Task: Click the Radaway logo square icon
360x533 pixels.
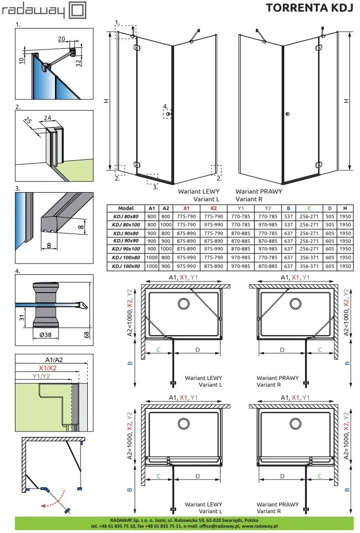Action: click(77, 10)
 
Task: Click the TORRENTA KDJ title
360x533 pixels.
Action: click(309, 7)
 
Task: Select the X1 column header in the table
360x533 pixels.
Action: click(186, 209)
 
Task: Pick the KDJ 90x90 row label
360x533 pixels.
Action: click(125, 241)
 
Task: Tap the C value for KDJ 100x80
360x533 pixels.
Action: click(309, 258)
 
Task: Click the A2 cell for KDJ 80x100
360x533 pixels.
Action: click(166, 224)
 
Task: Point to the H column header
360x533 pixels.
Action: click(345, 209)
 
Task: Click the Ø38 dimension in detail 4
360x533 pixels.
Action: click(45, 335)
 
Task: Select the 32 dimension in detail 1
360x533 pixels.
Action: click(79, 63)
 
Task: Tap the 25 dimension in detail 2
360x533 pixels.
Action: click(28, 121)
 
